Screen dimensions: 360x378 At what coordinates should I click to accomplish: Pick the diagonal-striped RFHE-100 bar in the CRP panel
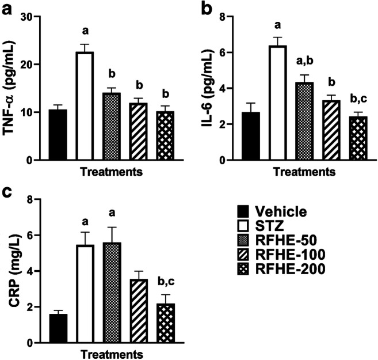pos(121,311)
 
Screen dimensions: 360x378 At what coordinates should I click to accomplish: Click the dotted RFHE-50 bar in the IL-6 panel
pos(304,121)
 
